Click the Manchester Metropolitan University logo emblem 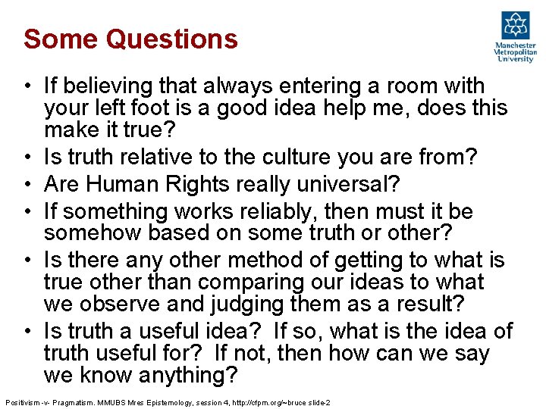tap(516, 26)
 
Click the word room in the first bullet tap(396, 86)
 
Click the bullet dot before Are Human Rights tap(27, 184)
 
